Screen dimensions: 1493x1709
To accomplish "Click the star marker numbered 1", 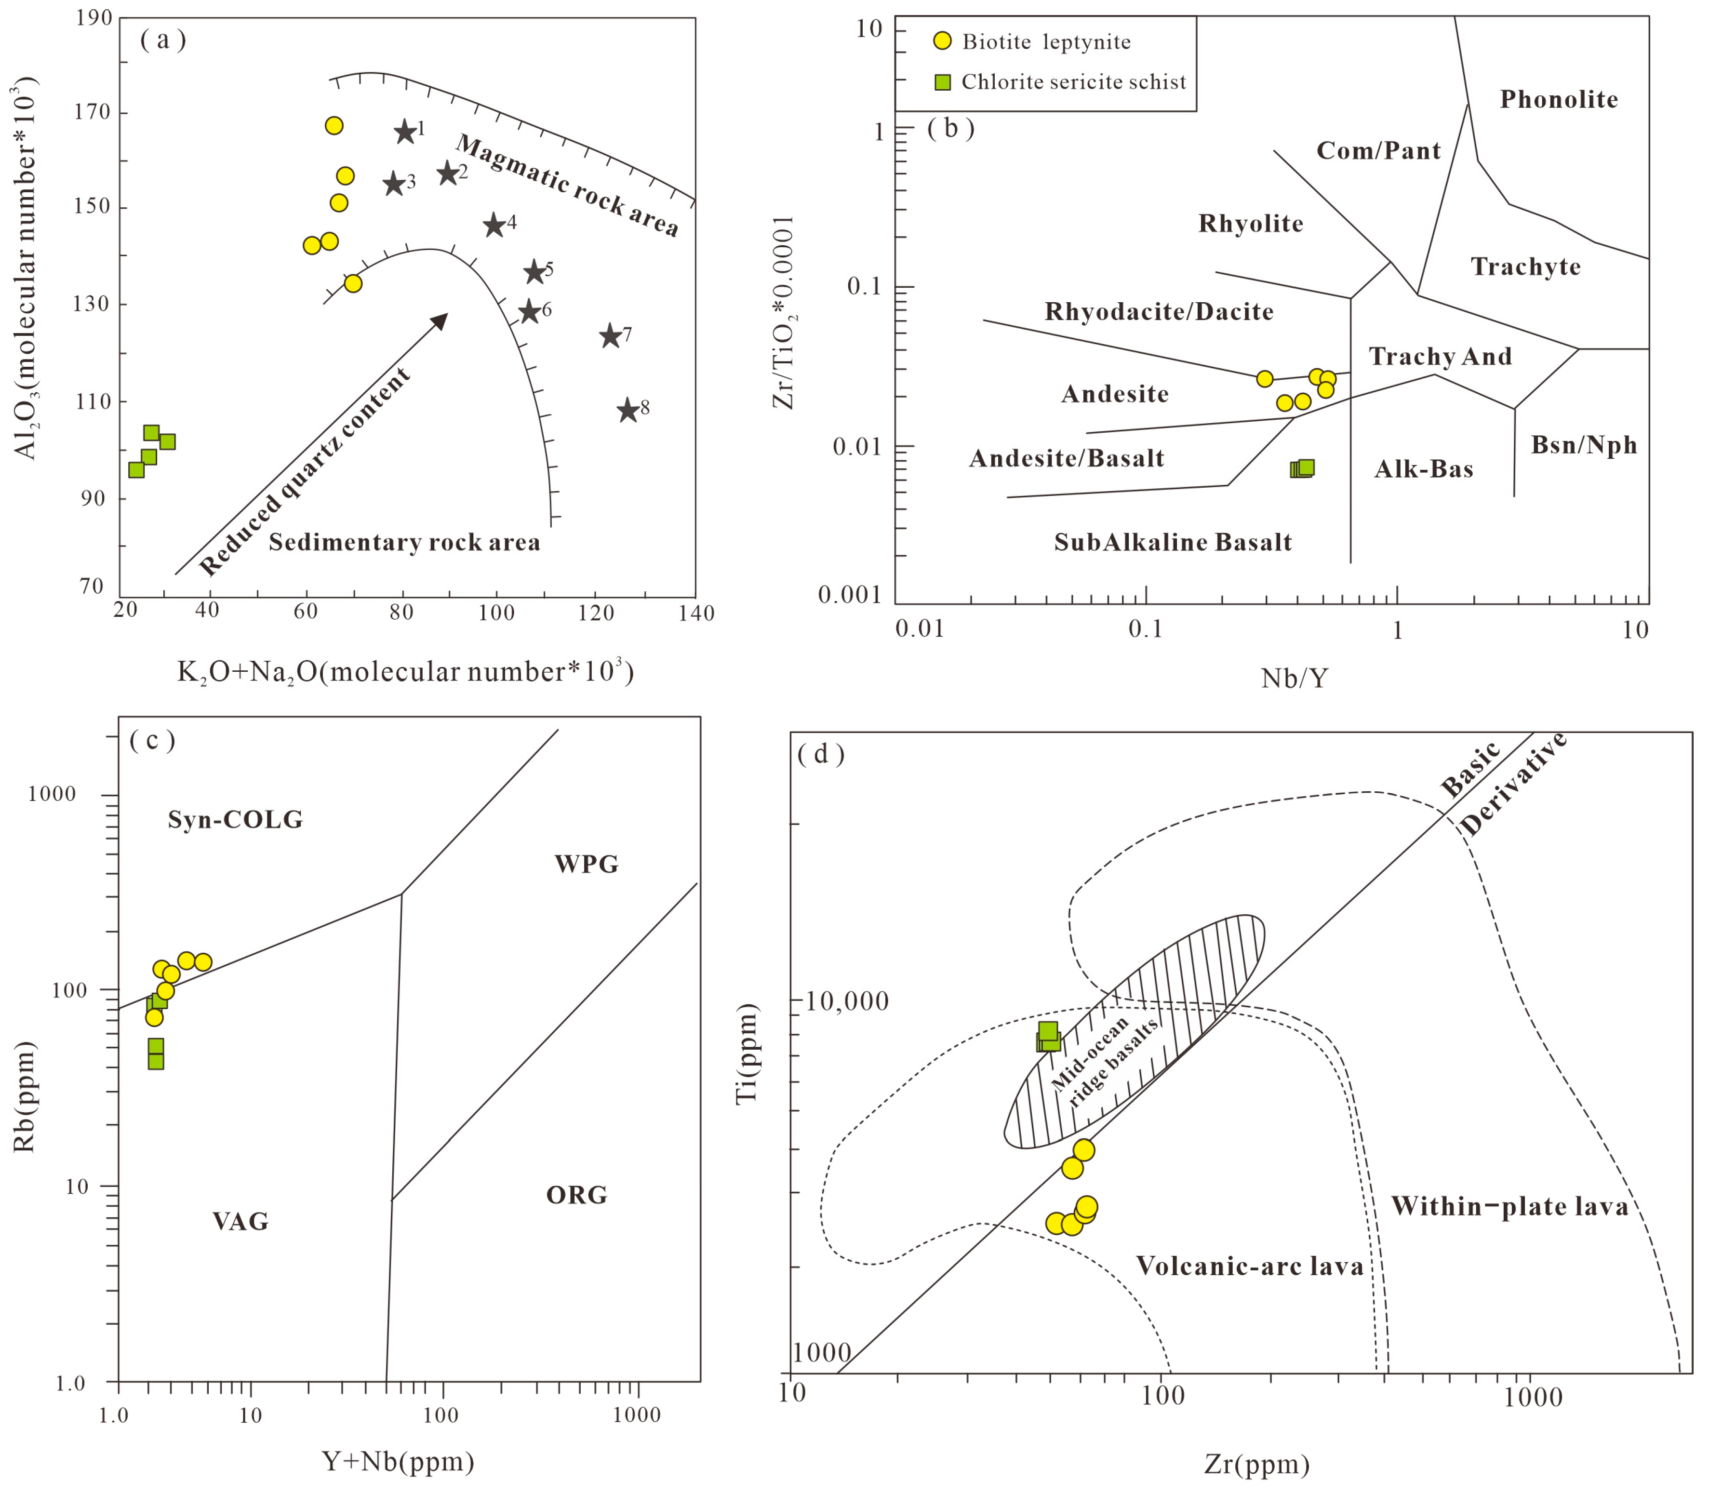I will [404, 132].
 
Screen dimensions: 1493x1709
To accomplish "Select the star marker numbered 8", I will [628, 410].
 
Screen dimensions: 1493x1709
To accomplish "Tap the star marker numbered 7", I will [610, 336].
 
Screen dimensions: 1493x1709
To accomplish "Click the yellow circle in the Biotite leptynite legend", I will [942, 41].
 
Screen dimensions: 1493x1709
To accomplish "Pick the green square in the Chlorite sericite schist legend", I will [942, 81].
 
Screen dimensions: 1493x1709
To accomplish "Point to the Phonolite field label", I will [1558, 100].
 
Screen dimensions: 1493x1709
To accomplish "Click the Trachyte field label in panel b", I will [1525, 267].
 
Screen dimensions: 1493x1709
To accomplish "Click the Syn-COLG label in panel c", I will [235, 820].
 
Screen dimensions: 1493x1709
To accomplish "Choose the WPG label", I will [587, 864].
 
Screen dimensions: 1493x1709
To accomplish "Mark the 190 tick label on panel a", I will [94, 18].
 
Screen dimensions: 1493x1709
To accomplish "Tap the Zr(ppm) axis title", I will [1256, 1464].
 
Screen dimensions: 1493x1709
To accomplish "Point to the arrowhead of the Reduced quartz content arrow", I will [441, 319].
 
